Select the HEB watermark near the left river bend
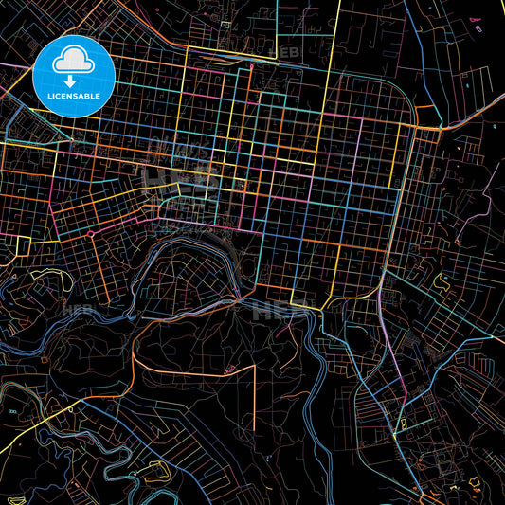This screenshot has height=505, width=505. click(74, 309)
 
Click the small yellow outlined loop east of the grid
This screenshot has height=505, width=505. click(442, 280)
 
